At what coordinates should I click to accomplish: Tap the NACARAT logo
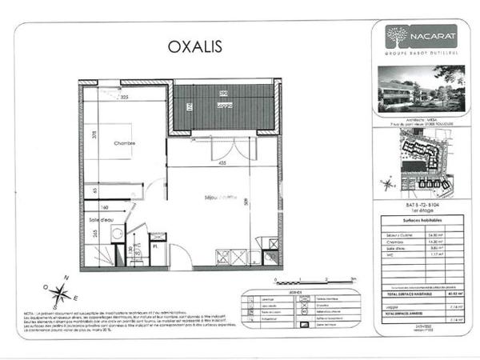tap(410, 36)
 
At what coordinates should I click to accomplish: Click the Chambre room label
tap(124, 144)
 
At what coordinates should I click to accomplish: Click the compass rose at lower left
tap(60, 294)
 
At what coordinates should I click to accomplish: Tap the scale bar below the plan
tap(311, 282)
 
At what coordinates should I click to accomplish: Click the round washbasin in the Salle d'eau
tap(116, 234)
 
